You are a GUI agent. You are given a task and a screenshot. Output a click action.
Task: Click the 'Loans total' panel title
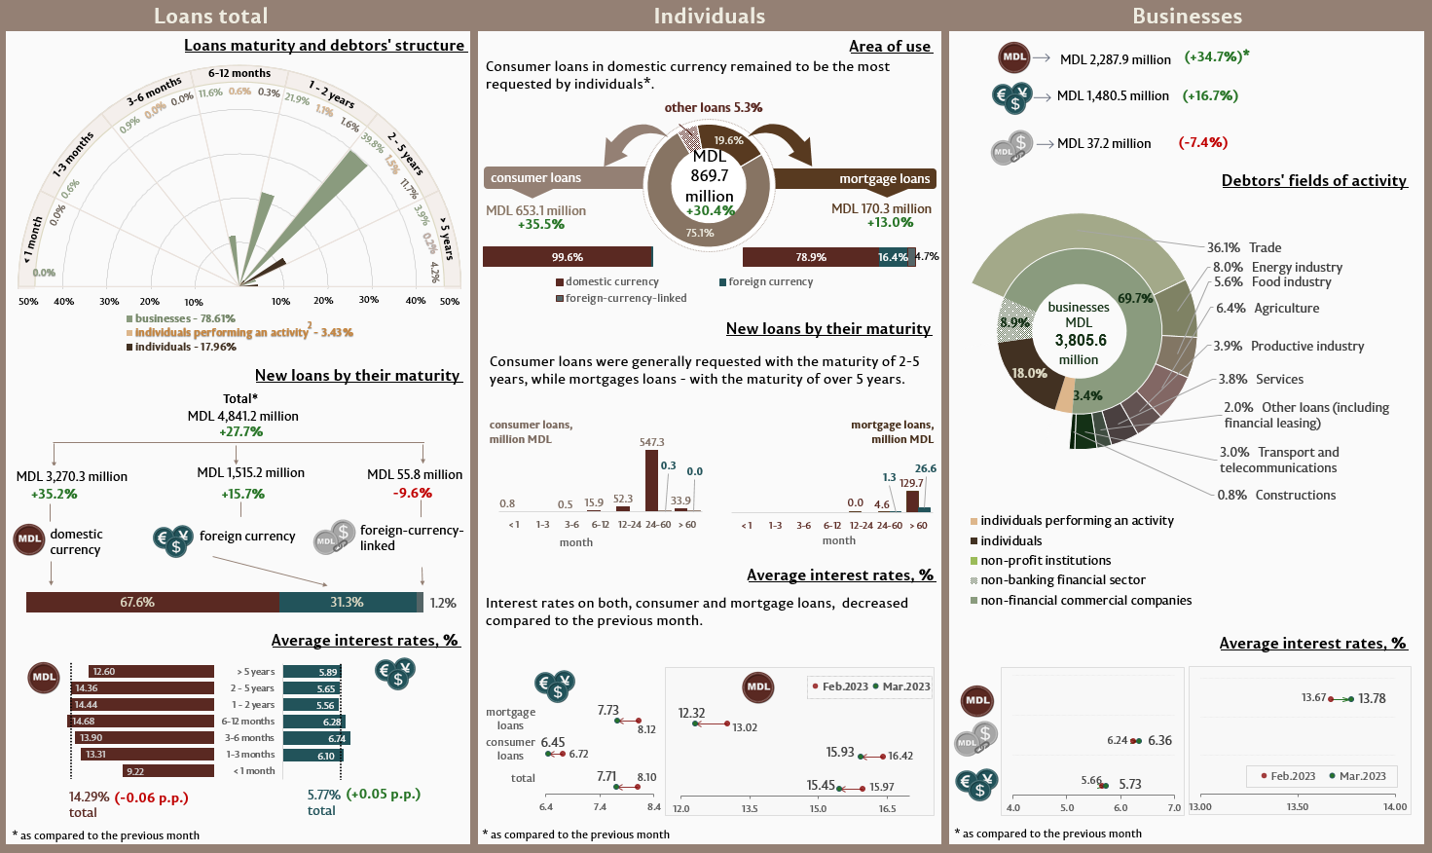pyautogui.click(x=210, y=16)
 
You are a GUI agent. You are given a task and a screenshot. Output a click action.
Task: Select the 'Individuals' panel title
pyautogui.click(x=709, y=16)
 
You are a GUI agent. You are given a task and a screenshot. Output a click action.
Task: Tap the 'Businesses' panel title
pyautogui.click(x=1187, y=16)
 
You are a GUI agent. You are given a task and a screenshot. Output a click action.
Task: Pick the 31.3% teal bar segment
pyautogui.click(x=348, y=603)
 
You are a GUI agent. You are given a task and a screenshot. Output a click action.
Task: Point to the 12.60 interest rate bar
pyautogui.click(x=151, y=672)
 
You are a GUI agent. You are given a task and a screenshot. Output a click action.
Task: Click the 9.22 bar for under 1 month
pyautogui.click(x=168, y=771)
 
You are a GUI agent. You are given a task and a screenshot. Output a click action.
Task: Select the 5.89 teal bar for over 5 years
pyautogui.click(x=312, y=672)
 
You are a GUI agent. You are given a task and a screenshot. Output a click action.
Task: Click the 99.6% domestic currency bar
pyautogui.click(x=567, y=257)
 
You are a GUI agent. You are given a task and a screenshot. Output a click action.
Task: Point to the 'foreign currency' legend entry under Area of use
pyautogui.click(x=770, y=281)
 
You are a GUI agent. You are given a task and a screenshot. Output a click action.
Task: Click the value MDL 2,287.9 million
pyautogui.click(x=1115, y=59)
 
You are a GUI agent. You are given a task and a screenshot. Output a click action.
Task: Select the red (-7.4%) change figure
pyautogui.click(x=1202, y=142)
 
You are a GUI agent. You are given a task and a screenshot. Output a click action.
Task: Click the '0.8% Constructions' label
pyautogui.click(x=1276, y=495)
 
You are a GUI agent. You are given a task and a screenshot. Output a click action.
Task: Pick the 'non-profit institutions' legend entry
pyautogui.click(x=1045, y=561)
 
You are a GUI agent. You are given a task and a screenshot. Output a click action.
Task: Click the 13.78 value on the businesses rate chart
pyautogui.click(x=1372, y=698)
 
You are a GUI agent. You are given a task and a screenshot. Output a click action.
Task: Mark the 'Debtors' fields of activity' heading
pyautogui.click(x=1313, y=180)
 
